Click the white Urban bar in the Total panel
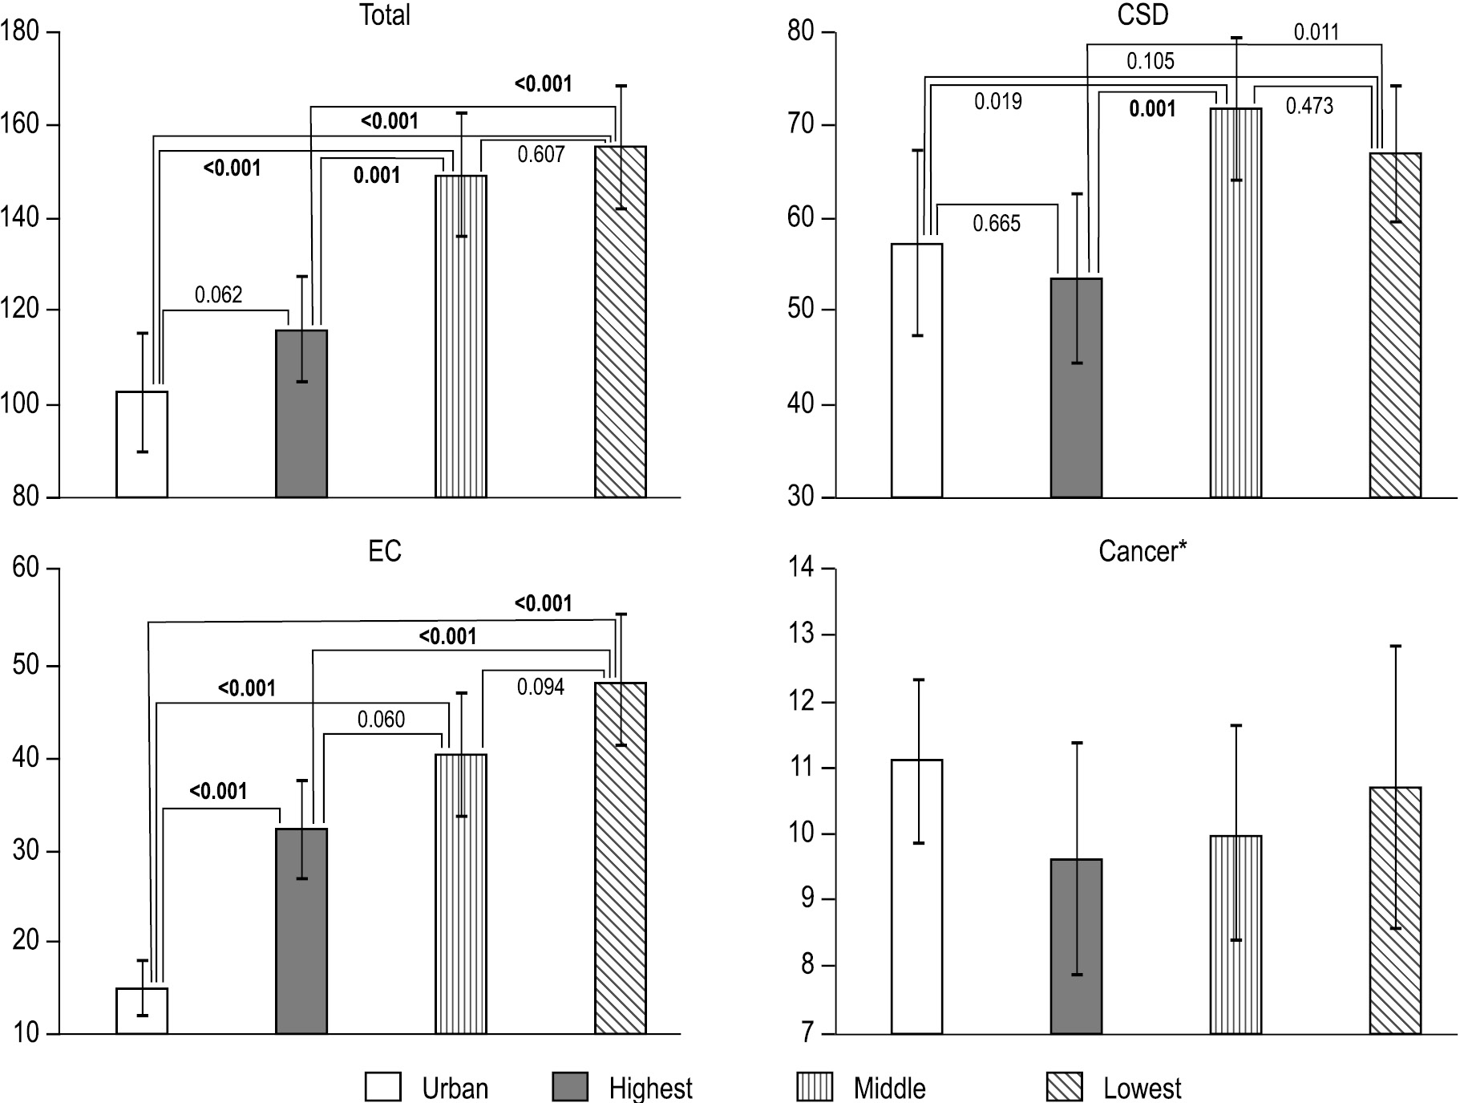click(142, 444)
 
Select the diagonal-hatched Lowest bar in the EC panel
click(620, 858)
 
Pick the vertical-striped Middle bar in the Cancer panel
click(1236, 935)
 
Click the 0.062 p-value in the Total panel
click(218, 295)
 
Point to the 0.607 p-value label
click(541, 154)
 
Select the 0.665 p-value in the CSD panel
click(997, 223)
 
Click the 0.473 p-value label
click(1309, 106)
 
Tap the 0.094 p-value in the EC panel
click(540, 687)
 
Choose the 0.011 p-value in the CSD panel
click(1316, 32)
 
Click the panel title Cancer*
click(1143, 551)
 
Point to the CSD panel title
click(1143, 14)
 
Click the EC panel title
click(385, 551)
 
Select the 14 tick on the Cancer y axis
click(802, 569)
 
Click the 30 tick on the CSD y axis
click(802, 497)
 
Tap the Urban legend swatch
click(382, 1088)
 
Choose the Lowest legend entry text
click(1142, 1089)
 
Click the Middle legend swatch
click(815, 1088)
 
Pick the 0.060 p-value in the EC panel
click(381, 720)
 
